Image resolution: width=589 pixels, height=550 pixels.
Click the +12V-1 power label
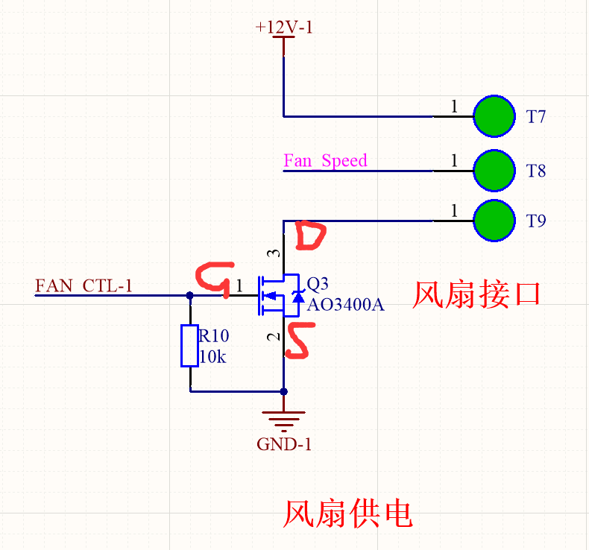[x=283, y=27]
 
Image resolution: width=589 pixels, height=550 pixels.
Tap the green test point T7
[x=494, y=116]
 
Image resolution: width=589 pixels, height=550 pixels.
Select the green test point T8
[x=494, y=171]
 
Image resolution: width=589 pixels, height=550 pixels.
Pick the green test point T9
[x=494, y=221]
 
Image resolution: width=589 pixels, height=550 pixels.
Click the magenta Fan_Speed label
[x=325, y=160]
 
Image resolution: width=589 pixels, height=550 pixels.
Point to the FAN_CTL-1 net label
[x=84, y=285]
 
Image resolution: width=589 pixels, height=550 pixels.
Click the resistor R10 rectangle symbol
[x=189, y=345]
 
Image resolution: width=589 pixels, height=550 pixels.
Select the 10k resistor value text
[x=212, y=357]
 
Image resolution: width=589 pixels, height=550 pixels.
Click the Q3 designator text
[x=318, y=284]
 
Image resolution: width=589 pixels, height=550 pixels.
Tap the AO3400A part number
[x=345, y=304]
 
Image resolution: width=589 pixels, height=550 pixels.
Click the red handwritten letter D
[x=310, y=236]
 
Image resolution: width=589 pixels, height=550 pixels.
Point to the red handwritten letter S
[x=298, y=340]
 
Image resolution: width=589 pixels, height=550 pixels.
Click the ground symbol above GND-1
[x=284, y=421]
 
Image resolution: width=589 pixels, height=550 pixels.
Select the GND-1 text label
[x=284, y=445]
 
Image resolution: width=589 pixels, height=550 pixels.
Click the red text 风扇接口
[x=476, y=294]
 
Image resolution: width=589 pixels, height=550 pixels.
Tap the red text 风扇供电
[x=347, y=513]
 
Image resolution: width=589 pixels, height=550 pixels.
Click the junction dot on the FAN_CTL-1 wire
[x=189, y=295]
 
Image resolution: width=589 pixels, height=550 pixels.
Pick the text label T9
[x=536, y=221]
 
